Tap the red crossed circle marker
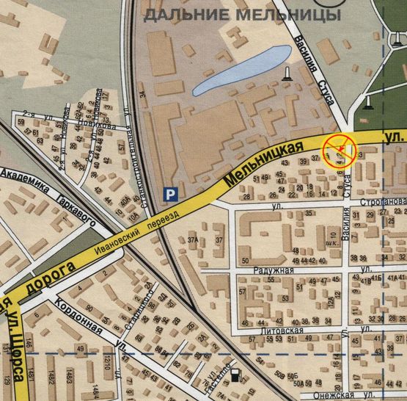tap(340, 150)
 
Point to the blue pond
tap(241, 71)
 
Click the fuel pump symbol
tap(235, 376)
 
